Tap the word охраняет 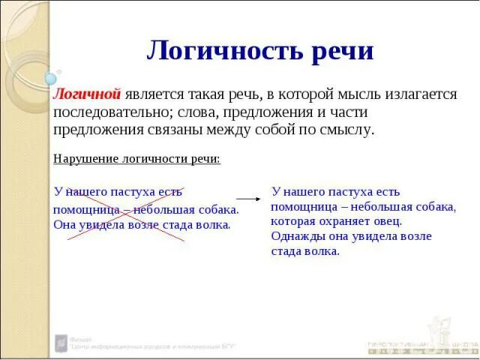(346, 221)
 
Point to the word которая (295, 221)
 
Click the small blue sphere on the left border (51, 78)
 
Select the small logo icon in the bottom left (59, 343)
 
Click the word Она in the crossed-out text (65, 224)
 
